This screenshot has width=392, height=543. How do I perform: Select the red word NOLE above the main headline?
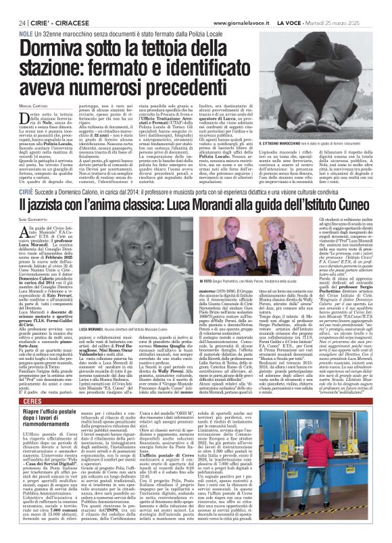pos(26,33)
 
